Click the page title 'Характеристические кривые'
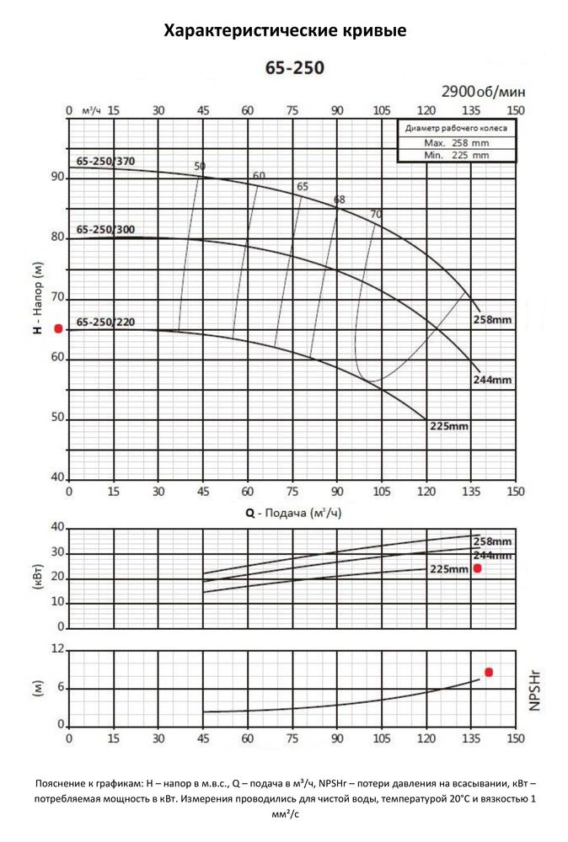[284, 32]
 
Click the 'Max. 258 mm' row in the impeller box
[456, 142]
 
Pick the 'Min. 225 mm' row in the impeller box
[456, 154]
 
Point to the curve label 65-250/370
[105, 161]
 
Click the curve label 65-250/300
[105, 229]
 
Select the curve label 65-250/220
[105, 322]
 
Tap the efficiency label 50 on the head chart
[200, 166]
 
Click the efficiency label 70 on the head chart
[376, 214]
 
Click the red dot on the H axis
[58, 328]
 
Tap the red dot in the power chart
[477, 568]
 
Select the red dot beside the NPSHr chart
[488, 672]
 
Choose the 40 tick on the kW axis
[58, 527]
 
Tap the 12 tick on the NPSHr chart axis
[58, 649]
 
